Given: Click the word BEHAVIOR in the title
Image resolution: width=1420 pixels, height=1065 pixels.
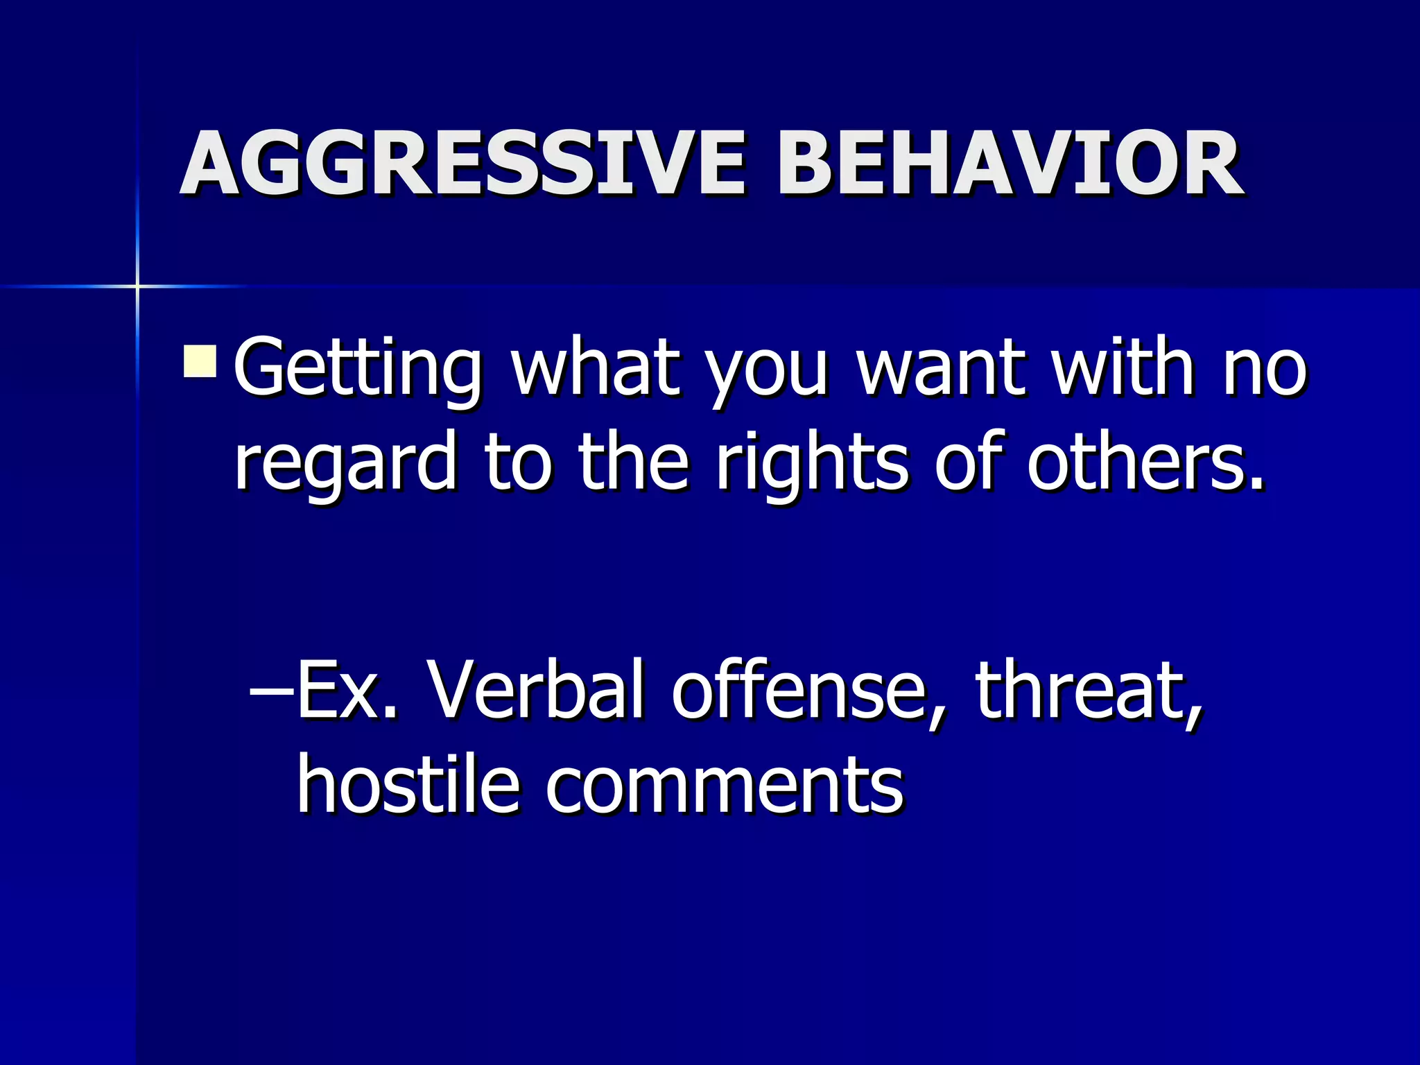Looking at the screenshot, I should click(1009, 165).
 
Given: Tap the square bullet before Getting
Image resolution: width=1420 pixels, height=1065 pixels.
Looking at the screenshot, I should click(200, 362).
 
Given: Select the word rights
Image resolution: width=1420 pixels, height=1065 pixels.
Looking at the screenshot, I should click(811, 463).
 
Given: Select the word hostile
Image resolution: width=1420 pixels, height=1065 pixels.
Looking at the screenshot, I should click(409, 784).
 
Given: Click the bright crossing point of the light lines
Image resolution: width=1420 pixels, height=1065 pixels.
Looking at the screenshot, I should click(137, 286).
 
